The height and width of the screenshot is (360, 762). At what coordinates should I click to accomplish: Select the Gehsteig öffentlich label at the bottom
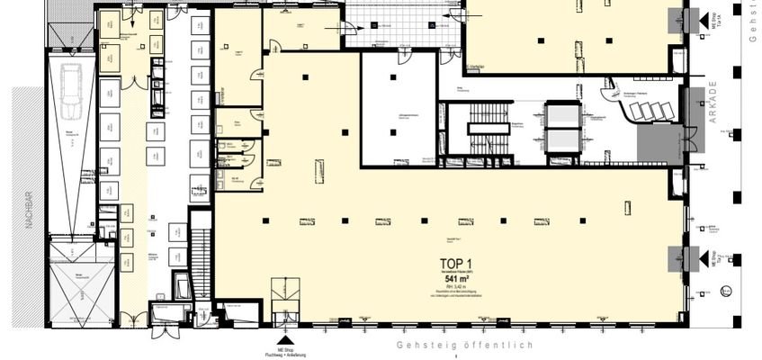(466, 346)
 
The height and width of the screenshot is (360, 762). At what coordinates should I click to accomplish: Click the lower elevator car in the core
(564, 141)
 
